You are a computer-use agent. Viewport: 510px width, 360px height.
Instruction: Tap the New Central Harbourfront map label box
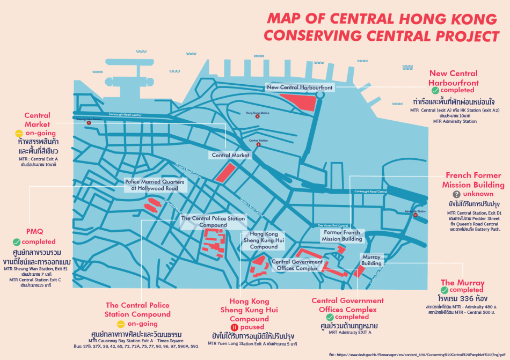300,87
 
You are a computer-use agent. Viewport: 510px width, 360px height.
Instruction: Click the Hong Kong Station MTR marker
257,116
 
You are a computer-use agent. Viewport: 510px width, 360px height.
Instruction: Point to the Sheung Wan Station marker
89,123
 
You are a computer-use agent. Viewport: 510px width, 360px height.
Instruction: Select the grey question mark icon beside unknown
457,194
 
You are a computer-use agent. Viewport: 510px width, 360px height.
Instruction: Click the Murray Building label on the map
371,260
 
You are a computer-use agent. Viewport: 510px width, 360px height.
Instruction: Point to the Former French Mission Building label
343,236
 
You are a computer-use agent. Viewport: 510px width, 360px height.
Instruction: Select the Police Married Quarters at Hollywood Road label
155,185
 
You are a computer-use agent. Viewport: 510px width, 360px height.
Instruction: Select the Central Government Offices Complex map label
297,265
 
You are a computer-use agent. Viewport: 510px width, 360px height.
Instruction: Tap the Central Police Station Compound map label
213,222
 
